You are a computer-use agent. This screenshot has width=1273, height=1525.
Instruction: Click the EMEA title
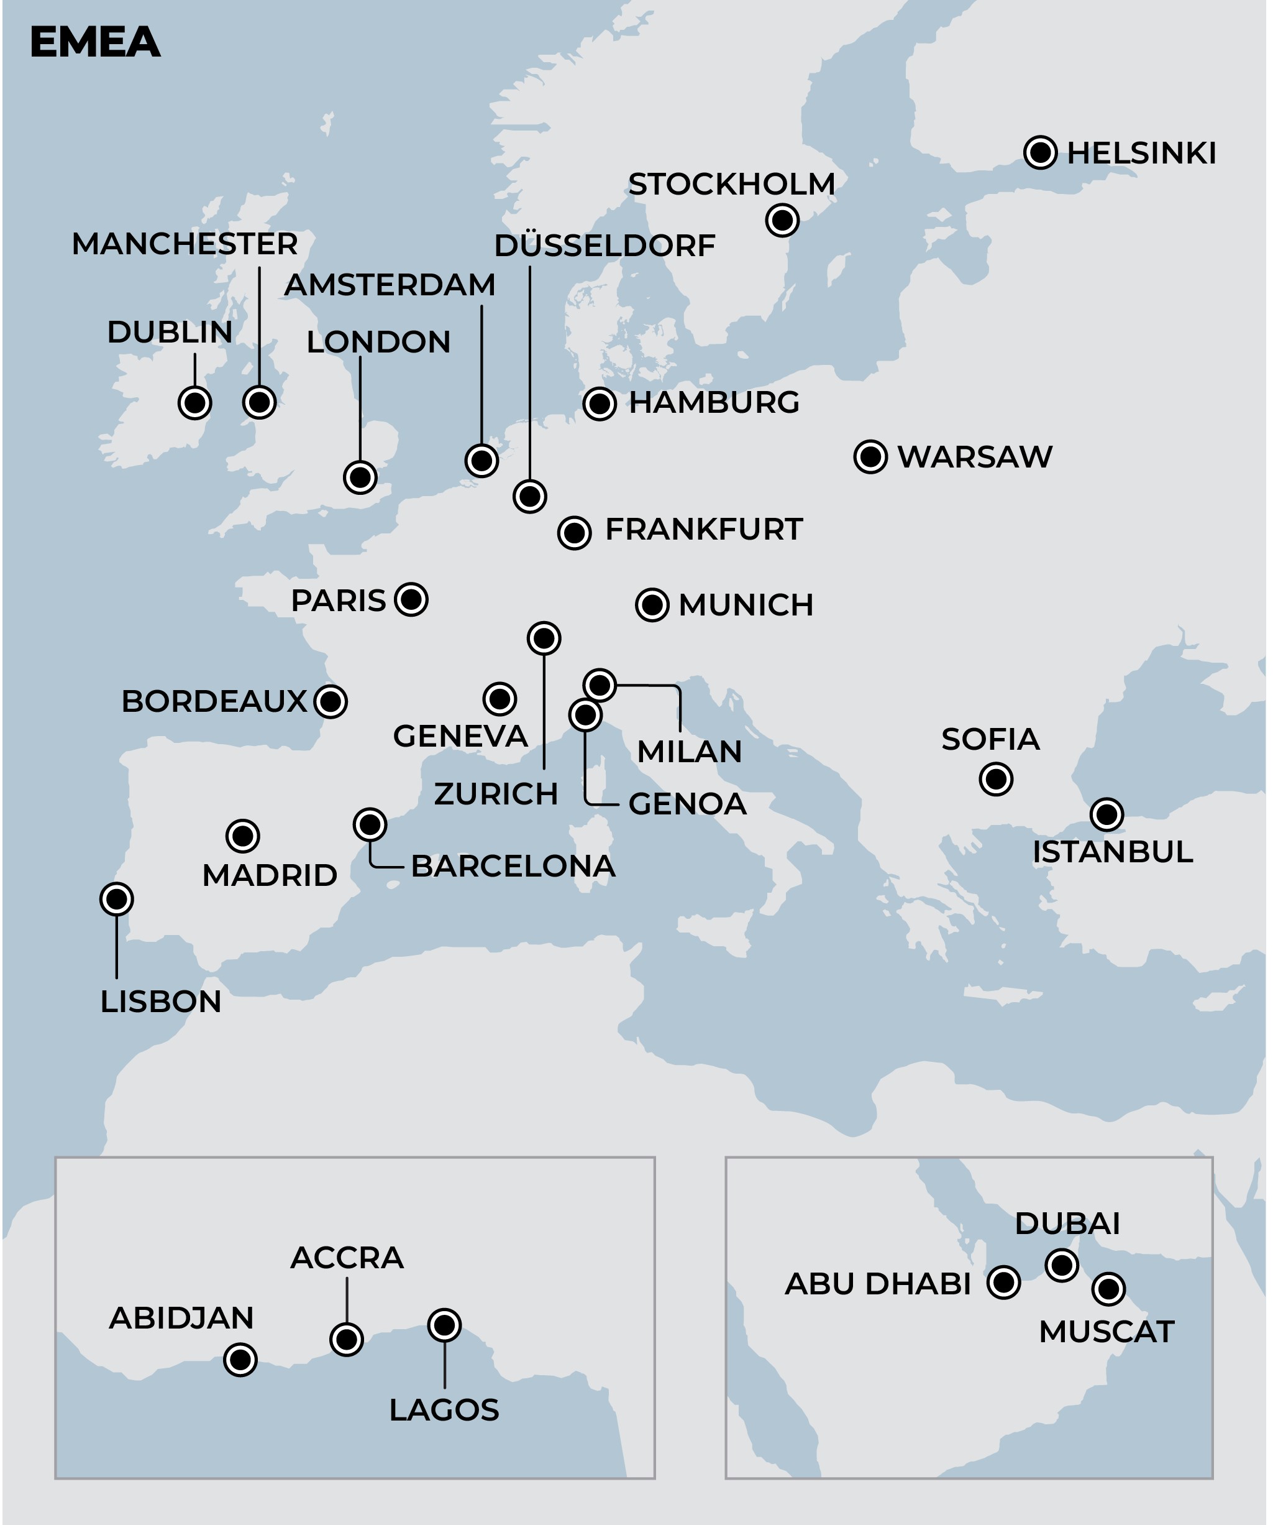click(x=94, y=42)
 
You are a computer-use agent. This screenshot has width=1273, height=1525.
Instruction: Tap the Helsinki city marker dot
click(x=1040, y=152)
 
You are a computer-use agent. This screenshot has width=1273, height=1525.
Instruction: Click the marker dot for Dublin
click(x=194, y=403)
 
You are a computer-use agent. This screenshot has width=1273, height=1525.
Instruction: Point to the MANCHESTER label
click(x=185, y=244)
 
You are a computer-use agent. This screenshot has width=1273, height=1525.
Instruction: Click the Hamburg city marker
click(x=600, y=403)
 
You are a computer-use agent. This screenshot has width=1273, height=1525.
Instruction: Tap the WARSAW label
click(x=974, y=458)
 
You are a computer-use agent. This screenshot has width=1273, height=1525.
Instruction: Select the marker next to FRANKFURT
click(x=574, y=533)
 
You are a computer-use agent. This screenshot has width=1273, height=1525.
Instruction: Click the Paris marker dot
click(x=411, y=600)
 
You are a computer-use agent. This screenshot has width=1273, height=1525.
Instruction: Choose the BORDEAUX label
click(x=214, y=701)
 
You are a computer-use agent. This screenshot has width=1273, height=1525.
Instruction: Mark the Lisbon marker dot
click(x=116, y=900)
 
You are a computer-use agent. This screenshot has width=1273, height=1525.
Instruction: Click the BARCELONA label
click(x=513, y=867)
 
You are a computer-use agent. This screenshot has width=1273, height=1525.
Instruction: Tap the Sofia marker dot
click(x=996, y=779)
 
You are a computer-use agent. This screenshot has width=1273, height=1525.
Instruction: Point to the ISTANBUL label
click(x=1112, y=852)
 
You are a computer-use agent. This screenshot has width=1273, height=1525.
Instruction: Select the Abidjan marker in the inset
click(x=240, y=1360)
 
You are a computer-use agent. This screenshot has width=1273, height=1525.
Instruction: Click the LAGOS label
click(x=444, y=1410)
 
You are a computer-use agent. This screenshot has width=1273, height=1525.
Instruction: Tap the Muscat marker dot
click(x=1108, y=1289)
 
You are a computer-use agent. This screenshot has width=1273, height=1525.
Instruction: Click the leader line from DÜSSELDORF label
click(x=530, y=371)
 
